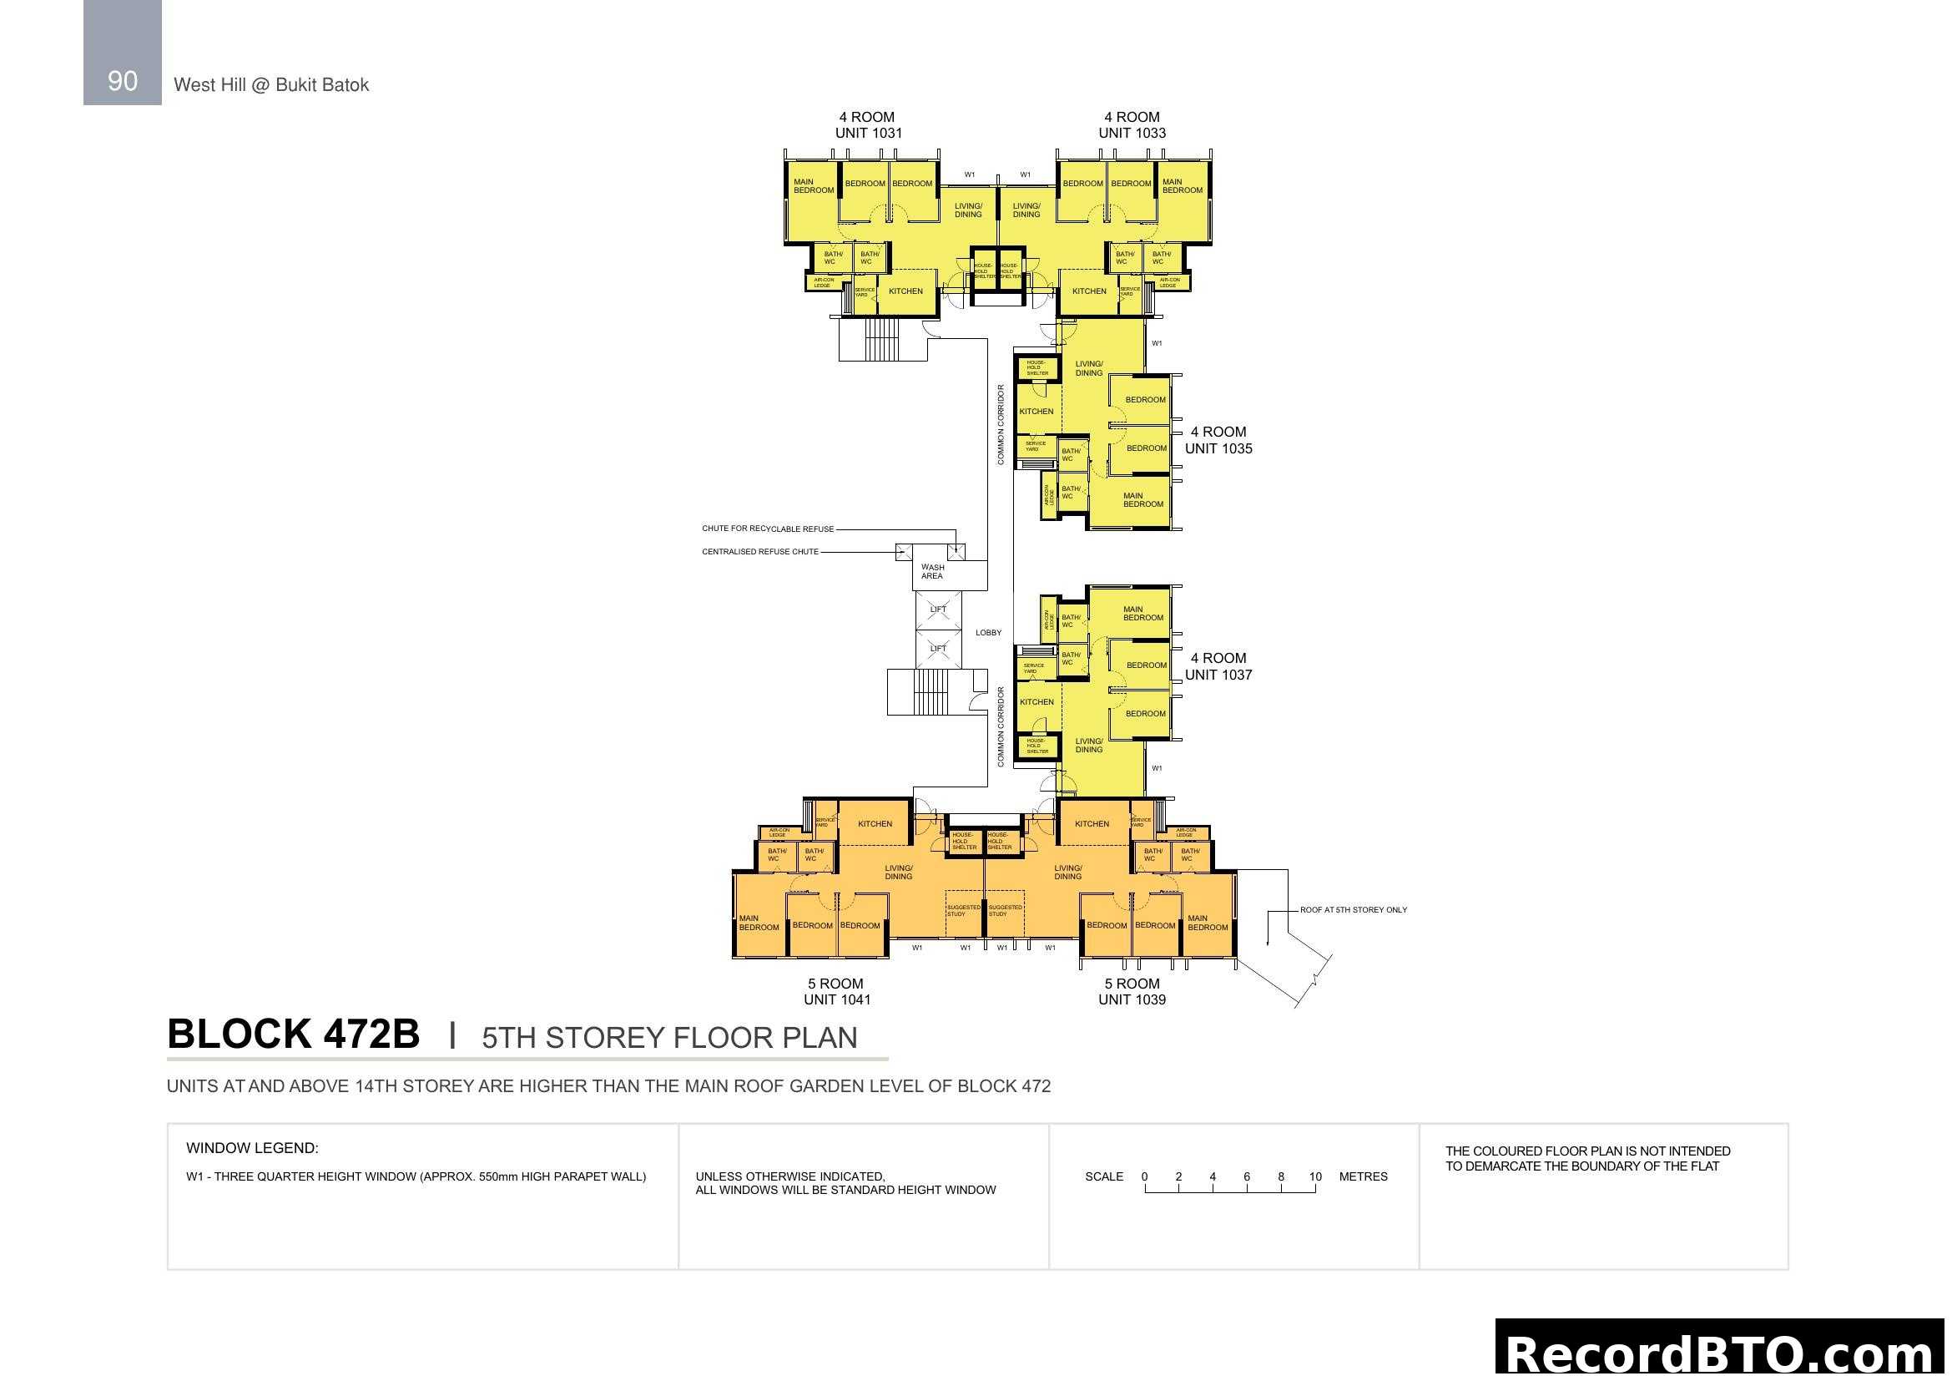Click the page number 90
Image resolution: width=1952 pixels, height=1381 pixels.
(x=123, y=81)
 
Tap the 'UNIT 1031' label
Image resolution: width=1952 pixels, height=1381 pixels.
(x=868, y=133)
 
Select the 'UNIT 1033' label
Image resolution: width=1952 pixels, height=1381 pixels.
(x=1132, y=133)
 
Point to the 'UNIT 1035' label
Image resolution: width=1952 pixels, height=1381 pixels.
(x=1218, y=448)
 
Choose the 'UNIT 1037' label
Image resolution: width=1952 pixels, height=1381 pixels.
(x=1218, y=675)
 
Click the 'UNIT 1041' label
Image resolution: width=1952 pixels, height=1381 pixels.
(x=836, y=999)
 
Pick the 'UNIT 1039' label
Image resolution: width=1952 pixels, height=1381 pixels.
(x=1132, y=999)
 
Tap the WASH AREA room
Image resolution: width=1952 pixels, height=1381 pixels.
(x=933, y=571)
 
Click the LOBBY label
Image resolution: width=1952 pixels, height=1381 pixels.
(x=988, y=633)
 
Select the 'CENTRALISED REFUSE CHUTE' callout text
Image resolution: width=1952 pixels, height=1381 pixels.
(x=760, y=552)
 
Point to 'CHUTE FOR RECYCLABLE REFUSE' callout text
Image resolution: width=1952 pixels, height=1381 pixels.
(x=768, y=529)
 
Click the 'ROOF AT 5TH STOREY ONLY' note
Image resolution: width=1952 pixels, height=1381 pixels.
(x=1353, y=910)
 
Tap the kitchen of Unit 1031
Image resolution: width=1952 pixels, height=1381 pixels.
(x=905, y=291)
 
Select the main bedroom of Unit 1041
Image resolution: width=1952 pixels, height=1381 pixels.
(x=759, y=923)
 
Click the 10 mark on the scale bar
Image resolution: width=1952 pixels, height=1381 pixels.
(x=1315, y=1177)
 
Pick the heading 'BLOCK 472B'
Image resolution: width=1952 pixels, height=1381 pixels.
(x=293, y=1034)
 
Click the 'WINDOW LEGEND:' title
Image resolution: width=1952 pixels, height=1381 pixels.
(x=253, y=1148)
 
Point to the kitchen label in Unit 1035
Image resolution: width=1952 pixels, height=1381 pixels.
(x=1037, y=412)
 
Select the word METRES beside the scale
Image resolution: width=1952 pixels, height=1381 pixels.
(x=1363, y=1177)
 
